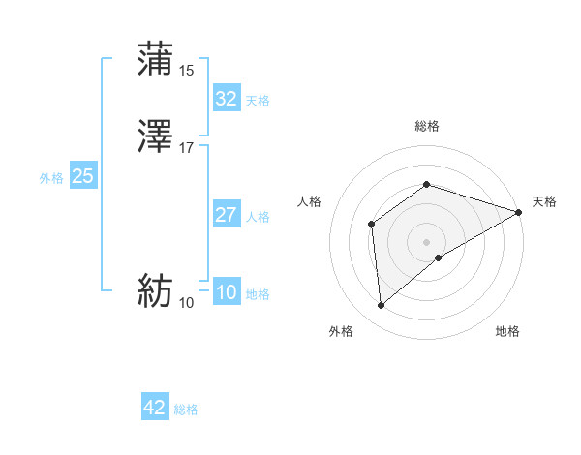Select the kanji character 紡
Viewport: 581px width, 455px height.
pos(156,291)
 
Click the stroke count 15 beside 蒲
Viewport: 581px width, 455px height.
pos(187,70)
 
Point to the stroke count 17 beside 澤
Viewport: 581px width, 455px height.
pos(187,148)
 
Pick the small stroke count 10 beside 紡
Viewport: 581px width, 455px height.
pos(187,303)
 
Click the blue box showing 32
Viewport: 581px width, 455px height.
pos(226,99)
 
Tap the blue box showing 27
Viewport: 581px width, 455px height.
pos(226,215)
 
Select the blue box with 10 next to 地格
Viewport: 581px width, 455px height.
pos(226,293)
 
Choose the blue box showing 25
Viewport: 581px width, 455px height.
pos(83,177)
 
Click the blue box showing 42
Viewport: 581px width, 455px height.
pos(155,408)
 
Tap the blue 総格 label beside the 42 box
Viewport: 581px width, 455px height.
pos(187,409)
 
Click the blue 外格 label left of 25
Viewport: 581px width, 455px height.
pos(51,178)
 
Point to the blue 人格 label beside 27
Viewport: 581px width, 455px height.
pos(259,217)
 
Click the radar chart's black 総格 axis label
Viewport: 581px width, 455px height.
pos(427,126)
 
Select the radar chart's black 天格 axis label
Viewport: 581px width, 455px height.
pos(544,201)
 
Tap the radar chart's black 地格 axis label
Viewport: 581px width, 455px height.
pos(507,331)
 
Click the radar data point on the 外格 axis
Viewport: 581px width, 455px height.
pos(382,306)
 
